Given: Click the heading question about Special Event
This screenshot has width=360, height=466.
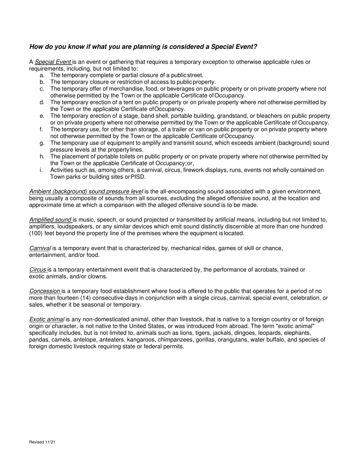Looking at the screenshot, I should [x=143, y=47].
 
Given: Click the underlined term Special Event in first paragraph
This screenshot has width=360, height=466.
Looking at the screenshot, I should [x=53, y=62].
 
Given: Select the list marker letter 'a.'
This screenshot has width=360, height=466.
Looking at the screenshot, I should [x=42, y=75].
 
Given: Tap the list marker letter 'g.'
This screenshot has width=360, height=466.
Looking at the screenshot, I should [x=42, y=143].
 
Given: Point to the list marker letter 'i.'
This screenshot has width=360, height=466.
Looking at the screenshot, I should [x=41, y=170].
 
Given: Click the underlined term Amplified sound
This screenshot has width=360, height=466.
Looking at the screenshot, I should [x=50, y=220].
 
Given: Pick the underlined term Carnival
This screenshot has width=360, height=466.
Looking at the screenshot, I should [x=40, y=248].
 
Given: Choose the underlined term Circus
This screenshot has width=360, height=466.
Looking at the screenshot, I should [x=38, y=270].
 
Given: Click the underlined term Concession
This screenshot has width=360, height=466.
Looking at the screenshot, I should [x=45, y=291].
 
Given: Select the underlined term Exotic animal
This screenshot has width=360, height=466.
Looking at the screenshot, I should [x=47, y=319].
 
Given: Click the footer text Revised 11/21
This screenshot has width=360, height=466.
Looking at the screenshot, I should [x=42, y=442].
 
